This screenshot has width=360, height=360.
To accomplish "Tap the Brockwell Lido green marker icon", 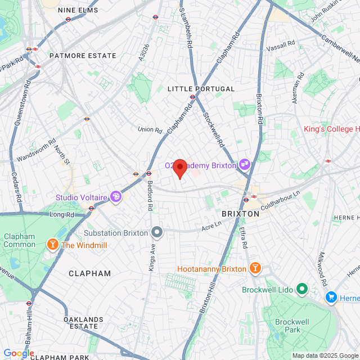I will coord(302,289).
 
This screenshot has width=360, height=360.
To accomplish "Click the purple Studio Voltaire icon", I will coord(116,197).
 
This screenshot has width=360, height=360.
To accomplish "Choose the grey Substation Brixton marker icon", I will coord(157,232).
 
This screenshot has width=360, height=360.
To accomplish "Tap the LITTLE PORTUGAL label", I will coord(193,89).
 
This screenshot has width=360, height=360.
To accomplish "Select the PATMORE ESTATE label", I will coord(82,56).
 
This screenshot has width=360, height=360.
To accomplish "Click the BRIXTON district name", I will coord(241,214).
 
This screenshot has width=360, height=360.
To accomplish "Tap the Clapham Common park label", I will coord(20,240).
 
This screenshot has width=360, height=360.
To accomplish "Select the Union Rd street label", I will coord(150,129).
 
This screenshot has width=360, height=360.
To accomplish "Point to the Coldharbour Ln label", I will coord(282,199).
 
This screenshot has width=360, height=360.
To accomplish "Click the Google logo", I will coord(19,353).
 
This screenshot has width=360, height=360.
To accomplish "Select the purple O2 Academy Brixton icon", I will coord(245,164).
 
